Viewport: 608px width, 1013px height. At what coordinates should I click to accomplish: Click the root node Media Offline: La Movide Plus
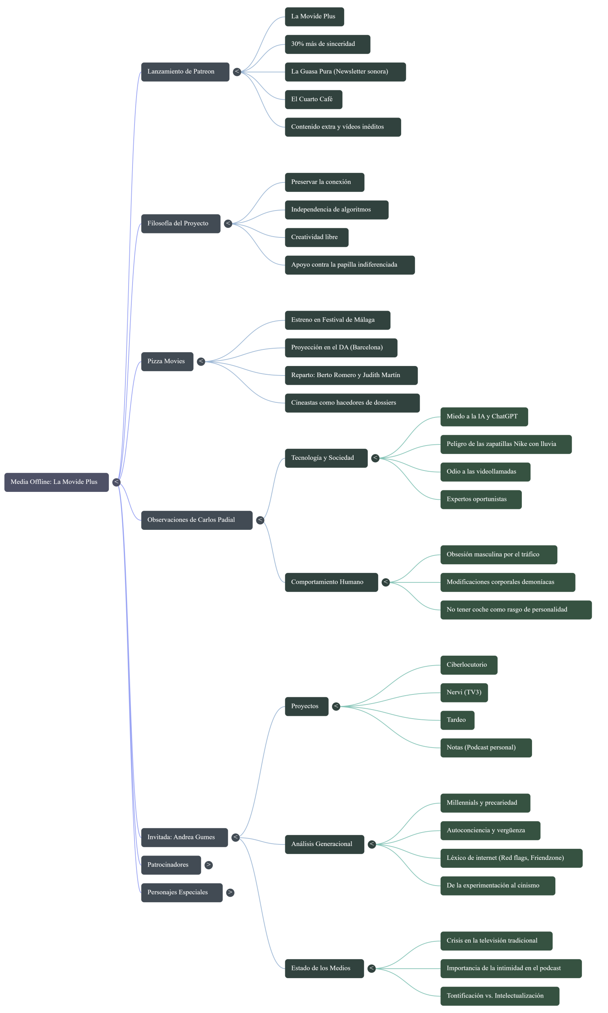pyautogui.click(x=56, y=482)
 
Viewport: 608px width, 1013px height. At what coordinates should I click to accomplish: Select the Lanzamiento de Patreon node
pyautogui.click(x=185, y=72)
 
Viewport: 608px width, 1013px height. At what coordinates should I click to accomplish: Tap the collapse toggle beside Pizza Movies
pyautogui.click(x=201, y=361)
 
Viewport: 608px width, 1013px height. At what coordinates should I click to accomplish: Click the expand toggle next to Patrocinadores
pyautogui.click(x=208, y=865)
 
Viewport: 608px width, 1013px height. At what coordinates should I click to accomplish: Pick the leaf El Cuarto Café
pyautogui.click(x=313, y=99)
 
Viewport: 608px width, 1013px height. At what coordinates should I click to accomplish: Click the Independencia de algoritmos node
pyautogui.click(x=336, y=210)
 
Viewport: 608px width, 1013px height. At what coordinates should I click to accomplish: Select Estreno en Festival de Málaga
pyautogui.click(x=337, y=320)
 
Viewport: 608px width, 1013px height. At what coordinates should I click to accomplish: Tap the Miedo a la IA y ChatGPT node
pyautogui.click(x=483, y=417)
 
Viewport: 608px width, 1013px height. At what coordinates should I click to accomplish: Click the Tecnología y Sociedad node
pyautogui.click(x=326, y=458)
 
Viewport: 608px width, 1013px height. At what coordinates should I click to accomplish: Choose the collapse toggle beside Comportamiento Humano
pyautogui.click(x=386, y=582)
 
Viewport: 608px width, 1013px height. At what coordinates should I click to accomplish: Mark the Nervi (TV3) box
pyautogui.click(x=464, y=692)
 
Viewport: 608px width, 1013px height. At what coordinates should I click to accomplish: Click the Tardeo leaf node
pyautogui.click(x=457, y=720)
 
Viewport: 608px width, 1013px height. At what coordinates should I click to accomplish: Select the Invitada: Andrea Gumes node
pyautogui.click(x=184, y=837)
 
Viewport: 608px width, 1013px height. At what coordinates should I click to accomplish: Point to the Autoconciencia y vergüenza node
pyautogui.click(x=490, y=830)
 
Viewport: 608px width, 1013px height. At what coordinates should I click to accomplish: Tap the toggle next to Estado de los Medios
pyautogui.click(x=371, y=968)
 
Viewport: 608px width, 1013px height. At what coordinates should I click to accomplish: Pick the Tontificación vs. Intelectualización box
pyautogui.click(x=500, y=996)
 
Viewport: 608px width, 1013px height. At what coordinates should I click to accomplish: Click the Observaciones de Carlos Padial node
pyautogui.click(x=196, y=520)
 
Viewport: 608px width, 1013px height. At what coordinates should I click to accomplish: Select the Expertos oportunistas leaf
pyautogui.click(x=481, y=499)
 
